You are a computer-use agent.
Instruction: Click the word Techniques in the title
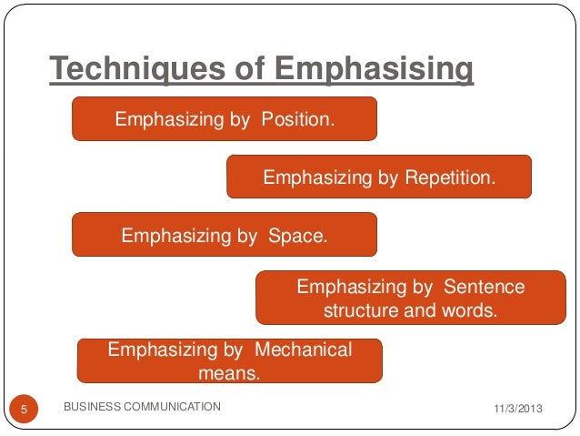click(135, 69)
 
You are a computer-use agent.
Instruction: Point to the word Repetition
click(450, 177)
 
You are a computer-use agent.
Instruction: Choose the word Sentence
click(484, 287)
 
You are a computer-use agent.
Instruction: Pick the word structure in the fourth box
click(360, 309)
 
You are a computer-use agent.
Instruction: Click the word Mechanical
click(303, 350)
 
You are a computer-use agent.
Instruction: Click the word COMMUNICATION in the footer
click(172, 406)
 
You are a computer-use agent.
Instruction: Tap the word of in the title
click(252, 69)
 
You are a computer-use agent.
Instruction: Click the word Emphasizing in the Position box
click(169, 119)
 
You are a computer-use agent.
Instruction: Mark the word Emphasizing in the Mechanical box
click(163, 350)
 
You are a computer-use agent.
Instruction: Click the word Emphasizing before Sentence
click(351, 287)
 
